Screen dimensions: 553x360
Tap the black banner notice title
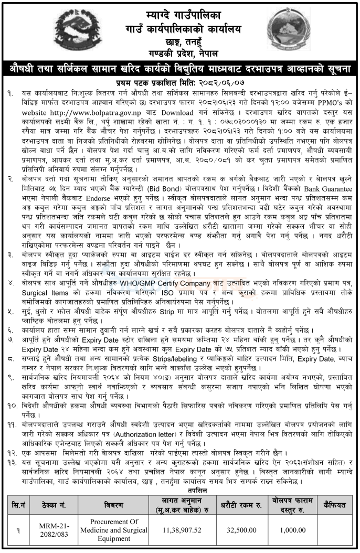click(180, 69)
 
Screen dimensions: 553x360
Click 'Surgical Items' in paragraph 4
click(41, 292)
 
